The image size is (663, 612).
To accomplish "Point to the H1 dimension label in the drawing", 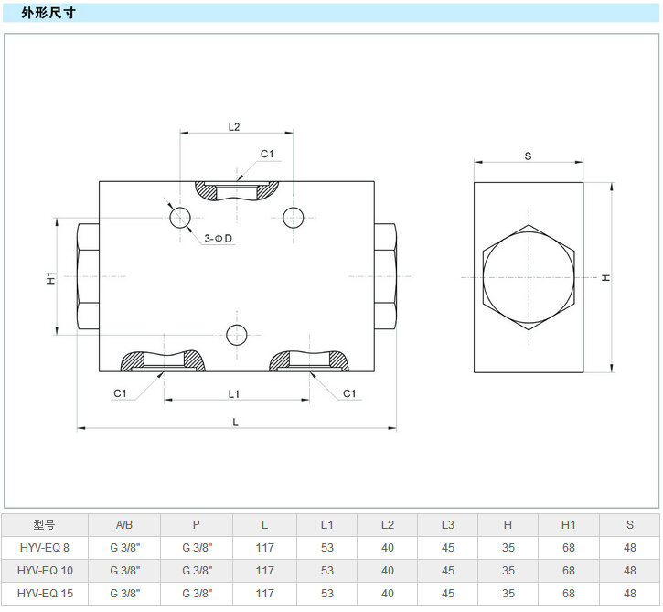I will (x=51, y=277).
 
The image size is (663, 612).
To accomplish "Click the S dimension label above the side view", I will (x=528, y=156).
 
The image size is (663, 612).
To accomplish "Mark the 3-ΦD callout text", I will (x=219, y=239).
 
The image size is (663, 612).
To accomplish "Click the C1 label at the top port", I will (x=267, y=154).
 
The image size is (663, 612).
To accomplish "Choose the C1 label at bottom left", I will (x=120, y=393).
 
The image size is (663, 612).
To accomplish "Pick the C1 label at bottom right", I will (x=348, y=393).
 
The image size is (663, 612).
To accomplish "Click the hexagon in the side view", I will (x=528, y=277).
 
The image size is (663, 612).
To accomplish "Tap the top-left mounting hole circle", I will (x=179, y=217).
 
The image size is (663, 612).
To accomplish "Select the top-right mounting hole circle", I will (x=293, y=217).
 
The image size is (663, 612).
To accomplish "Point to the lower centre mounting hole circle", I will (x=236, y=333).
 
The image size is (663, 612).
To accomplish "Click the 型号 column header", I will (x=44, y=525).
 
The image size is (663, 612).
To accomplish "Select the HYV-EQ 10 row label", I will (x=44, y=570).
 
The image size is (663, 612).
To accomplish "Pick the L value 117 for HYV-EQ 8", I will (x=264, y=547).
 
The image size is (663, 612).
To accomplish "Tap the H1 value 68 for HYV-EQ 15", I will (x=568, y=593).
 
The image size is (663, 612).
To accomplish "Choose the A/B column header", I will (x=123, y=525).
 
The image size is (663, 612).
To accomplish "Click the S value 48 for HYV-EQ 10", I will (x=629, y=570).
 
